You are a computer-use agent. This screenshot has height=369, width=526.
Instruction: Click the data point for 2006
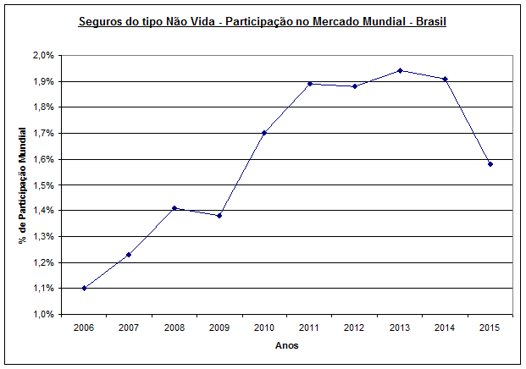coord(85,288)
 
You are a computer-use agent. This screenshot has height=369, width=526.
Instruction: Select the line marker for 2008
coord(174,207)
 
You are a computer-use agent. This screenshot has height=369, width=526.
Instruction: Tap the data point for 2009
coord(219,215)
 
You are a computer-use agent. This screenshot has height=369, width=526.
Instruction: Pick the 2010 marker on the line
coord(264,133)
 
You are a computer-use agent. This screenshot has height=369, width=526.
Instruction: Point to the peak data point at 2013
coord(400,70)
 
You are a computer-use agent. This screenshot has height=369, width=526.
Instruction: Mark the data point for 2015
coord(490,163)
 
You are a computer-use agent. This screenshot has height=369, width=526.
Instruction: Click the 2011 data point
coord(310,84)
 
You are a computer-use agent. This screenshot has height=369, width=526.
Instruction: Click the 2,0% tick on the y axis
coord(44,55)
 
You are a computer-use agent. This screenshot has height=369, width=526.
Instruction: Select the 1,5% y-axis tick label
coord(44,184)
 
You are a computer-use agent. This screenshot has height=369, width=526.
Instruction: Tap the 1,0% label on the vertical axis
coord(44,314)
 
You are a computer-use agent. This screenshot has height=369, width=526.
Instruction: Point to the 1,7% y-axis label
coord(44,133)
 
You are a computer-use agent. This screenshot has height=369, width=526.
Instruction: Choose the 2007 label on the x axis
coord(130,328)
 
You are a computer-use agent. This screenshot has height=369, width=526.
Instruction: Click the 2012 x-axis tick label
coord(355,328)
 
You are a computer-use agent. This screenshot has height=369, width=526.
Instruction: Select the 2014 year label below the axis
coord(445,328)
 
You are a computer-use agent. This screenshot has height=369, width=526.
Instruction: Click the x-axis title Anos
coord(287,345)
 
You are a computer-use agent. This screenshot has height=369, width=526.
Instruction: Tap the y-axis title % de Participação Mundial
coord(23,184)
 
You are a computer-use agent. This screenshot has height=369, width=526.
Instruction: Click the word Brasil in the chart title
coord(429,21)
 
